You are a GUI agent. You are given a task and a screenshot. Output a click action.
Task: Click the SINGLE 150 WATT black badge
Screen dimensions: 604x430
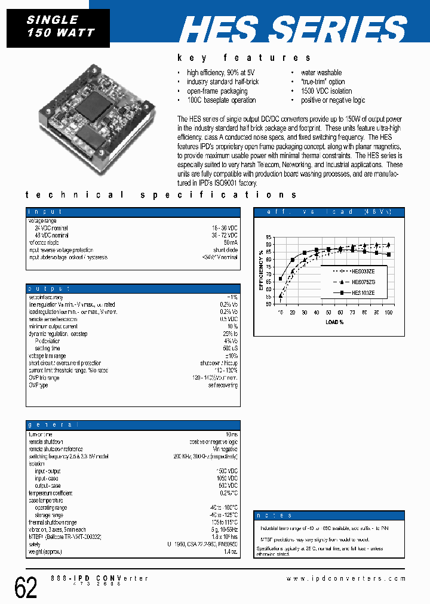59,27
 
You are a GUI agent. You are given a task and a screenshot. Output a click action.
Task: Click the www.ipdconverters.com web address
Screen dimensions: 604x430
346,578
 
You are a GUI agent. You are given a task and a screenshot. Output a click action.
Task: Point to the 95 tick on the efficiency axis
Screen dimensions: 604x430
269,237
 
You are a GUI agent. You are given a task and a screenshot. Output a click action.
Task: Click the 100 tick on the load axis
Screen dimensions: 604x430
389,312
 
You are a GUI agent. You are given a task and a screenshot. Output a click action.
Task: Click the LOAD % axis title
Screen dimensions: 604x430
334,322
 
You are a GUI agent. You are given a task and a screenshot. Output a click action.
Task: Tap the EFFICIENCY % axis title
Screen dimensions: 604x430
260,270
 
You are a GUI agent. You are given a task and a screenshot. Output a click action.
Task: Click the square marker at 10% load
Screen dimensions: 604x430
281,279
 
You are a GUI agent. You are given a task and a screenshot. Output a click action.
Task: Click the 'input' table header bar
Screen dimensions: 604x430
133,212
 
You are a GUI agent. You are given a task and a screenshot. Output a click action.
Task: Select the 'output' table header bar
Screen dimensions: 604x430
133,288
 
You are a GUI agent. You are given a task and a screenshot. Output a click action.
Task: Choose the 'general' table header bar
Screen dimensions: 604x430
133,425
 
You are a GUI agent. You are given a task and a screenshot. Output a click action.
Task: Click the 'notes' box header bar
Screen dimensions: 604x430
330,515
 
